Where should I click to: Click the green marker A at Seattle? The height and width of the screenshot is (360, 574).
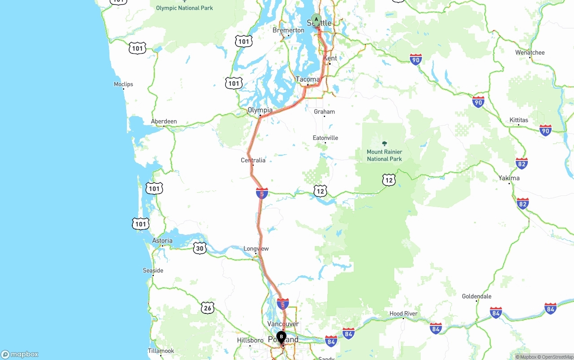coord(317,20)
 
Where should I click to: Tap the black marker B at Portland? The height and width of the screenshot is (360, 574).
coord(281,337)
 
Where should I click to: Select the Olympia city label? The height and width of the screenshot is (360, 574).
coord(260,110)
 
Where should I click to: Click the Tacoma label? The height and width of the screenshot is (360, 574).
coord(308,79)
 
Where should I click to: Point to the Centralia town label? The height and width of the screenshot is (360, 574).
coord(253,160)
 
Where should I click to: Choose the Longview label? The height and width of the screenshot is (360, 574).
coord(256,248)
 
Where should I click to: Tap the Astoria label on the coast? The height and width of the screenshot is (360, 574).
coord(162,241)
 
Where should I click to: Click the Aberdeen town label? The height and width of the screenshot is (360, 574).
coord(164,121)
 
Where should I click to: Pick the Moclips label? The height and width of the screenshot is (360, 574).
coord(123,84)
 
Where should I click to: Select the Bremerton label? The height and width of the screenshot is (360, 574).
coord(288,30)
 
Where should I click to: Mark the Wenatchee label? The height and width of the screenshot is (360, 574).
coord(530,52)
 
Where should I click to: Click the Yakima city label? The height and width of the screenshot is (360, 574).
coord(509,178)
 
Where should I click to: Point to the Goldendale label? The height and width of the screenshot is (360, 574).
coord(477,296)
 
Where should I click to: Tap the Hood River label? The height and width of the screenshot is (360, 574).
coord(403,313)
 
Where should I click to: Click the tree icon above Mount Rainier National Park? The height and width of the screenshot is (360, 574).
coord(384,143)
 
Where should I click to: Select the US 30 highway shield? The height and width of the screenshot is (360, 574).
coord(200,248)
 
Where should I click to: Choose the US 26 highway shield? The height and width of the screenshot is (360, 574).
coord(207,308)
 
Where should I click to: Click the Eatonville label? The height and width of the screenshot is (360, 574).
coord(326,138)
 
